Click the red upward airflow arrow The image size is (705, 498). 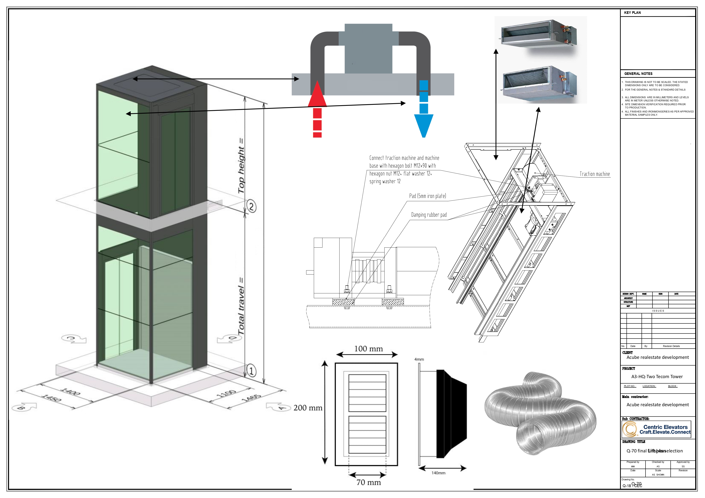tap(317, 104)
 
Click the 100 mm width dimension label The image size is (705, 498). tap(368, 349)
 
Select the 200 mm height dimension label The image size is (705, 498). tap(308, 408)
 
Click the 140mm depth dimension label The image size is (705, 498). tap(438, 473)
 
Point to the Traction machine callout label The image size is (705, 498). tap(594, 174)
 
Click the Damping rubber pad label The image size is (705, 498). tap(429, 215)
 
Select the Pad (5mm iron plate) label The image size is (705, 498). tap(427, 196)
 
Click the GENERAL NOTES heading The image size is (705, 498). tap(638, 74)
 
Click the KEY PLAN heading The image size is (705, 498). tap(632, 13)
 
